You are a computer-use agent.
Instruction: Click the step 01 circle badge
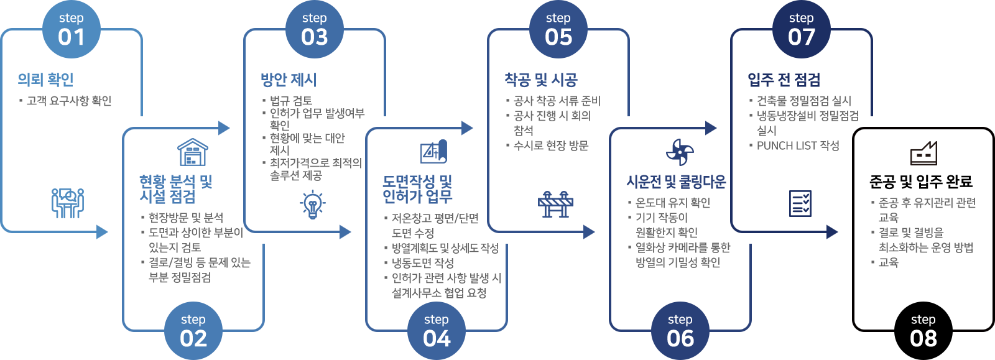pyautogui.click(x=71, y=29)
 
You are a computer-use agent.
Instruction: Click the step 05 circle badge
pyautogui.click(x=558, y=29)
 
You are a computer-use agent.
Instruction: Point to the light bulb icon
pyautogui.click(x=312, y=204)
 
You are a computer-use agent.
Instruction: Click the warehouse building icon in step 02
pyautogui.click(x=193, y=152)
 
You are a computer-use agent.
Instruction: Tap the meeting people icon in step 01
pyautogui.click(x=68, y=203)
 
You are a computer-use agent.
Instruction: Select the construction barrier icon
pyautogui.click(x=555, y=203)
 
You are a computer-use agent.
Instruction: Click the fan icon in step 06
pyautogui.click(x=680, y=152)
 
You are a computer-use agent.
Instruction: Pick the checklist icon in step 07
pyautogui.click(x=800, y=203)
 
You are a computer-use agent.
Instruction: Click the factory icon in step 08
pyautogui.click(x=923, y=153)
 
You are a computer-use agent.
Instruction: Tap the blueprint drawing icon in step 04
pyautogui.click(x=433, y=152)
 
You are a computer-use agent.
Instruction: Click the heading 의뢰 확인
pyautogui.click(x=46, y=80)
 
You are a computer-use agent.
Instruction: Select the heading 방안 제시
pyautogui.click(x=289, y=80)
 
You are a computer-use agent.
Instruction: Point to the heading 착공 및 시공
pyautogui.click(x=541, y=80)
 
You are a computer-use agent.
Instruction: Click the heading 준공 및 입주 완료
pyautogui.click(x=921, y=182)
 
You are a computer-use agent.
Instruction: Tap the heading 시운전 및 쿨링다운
pyautogui.click(x=676, y=182)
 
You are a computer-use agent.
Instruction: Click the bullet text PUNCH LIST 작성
pyautogui.click(x=798, y=145)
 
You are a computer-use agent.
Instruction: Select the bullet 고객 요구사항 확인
pyautogui.click(x=69, y=101)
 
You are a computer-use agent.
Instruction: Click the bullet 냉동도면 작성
pyautogui.click(x=423, y=263)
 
